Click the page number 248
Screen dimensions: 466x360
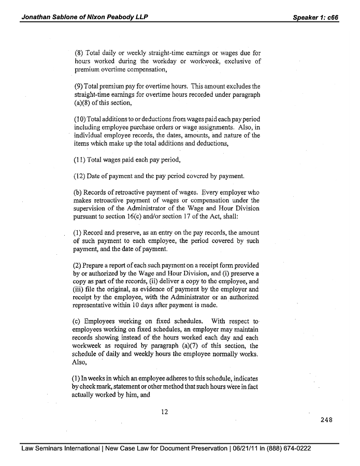(326, 419)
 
